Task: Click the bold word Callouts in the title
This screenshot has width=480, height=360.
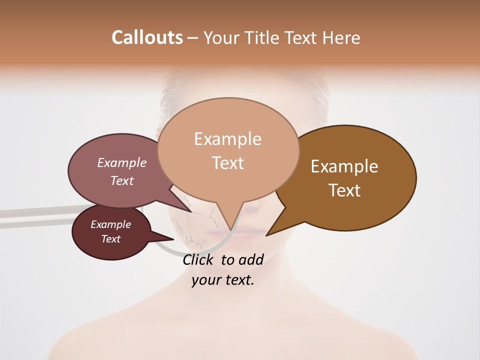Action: click(147, 37)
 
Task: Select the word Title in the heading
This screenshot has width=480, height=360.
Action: click(263, 37)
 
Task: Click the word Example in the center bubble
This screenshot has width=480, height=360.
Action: click(227, 139)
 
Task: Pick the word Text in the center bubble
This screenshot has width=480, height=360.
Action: click(227, 163)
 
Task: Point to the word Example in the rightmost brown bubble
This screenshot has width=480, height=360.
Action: click(344, 166)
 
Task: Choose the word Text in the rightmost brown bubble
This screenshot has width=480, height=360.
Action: click(344, 190)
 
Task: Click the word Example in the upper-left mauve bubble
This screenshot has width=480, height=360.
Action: click(122, 162)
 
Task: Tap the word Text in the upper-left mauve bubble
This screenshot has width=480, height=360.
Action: click(122, 180)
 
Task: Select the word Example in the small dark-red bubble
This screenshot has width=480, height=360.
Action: click(110, 224)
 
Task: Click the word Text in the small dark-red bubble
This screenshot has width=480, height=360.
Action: click(110, 239)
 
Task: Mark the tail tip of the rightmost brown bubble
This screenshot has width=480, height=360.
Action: click(267, 234)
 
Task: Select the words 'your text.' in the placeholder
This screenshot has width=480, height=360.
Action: click(222, 280)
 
